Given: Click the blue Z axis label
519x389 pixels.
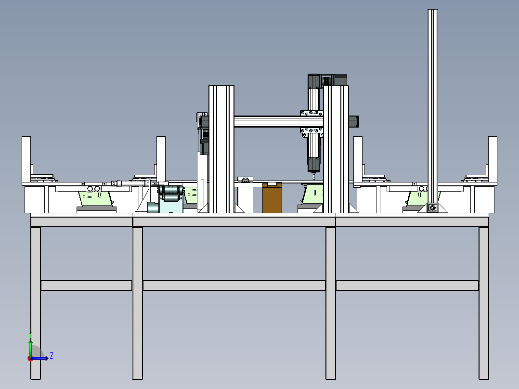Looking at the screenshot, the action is [52, 356].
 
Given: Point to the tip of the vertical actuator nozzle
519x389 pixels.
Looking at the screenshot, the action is [314, 179].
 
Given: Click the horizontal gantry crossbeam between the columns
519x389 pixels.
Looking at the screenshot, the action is [279, 121].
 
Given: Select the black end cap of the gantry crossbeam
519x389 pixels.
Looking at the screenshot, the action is [353, 121].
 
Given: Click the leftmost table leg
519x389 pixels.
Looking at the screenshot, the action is [36, 303].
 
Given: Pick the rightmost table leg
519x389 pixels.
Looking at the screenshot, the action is [483, 303].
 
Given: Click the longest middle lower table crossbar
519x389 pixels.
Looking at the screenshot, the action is [234, 285].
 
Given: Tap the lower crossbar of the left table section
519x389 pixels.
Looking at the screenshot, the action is [86, 285].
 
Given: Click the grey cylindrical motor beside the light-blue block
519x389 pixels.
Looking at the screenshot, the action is [153, 207].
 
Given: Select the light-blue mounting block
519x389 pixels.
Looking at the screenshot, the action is [171, 204].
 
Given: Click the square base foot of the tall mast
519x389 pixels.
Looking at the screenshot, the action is [433, 208].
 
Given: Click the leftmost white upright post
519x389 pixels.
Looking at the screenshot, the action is [26, 159].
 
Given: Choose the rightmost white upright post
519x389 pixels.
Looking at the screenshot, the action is [493, 159].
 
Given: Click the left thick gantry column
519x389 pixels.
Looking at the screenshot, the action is [221, 149].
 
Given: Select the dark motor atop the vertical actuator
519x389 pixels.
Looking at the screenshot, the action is [314, 81].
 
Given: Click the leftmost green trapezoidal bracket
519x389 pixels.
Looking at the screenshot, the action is [95, 199].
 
